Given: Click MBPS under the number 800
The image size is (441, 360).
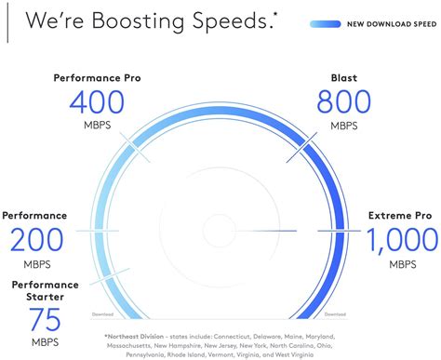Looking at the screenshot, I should [350, 124].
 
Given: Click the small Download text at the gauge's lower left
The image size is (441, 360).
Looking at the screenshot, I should [102, 315].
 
